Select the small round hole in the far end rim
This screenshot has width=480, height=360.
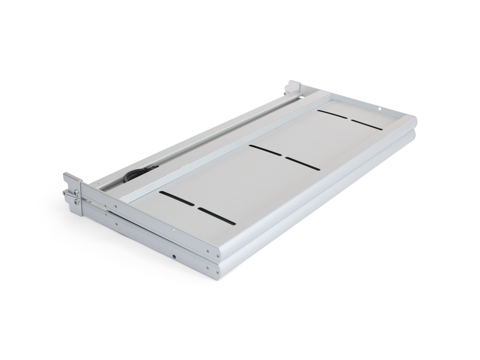[x=379, y=107]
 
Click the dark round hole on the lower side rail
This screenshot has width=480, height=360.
[x=174, y=256]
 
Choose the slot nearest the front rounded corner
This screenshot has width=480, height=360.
[x=218, y=216]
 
